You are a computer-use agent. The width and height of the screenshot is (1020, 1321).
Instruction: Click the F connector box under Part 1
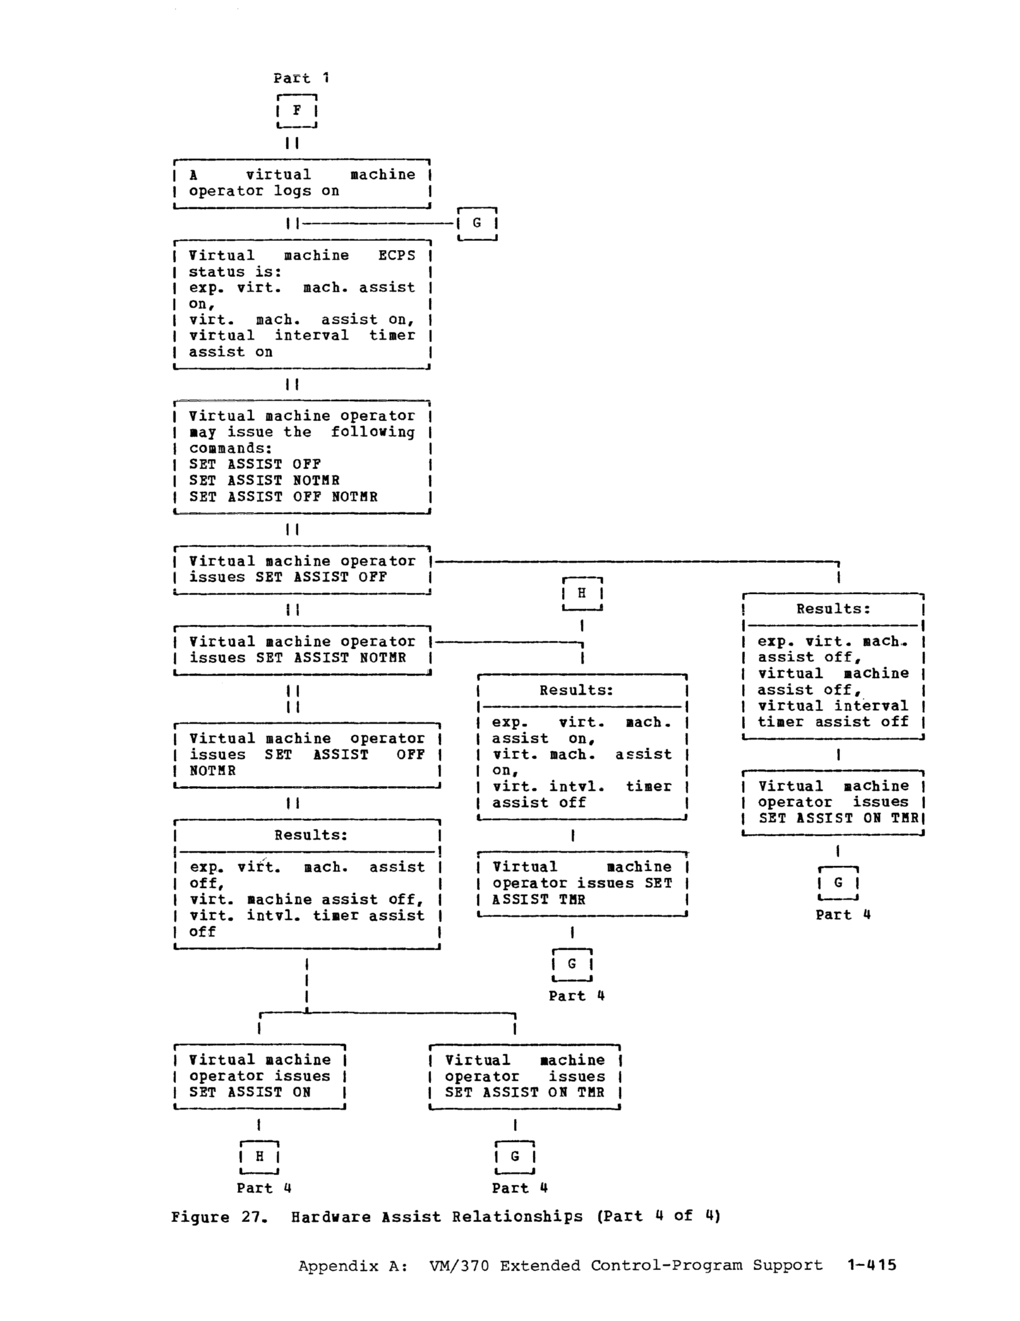click(x=297, y=110)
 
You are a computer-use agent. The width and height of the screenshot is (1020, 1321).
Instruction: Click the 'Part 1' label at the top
click(x=301, y=78)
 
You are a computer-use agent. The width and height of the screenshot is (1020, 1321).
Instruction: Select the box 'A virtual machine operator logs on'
click(x=302, y=183)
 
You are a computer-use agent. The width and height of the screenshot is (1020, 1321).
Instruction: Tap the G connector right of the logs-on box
click(x=477, y=223)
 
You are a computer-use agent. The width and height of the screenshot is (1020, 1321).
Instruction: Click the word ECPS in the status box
click(x=397, y=255)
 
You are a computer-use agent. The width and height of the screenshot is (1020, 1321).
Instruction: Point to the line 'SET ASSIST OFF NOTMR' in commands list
click(x=283, y=497)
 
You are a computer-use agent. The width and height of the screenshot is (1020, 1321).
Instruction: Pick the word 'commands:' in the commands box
click(x=230, y=448)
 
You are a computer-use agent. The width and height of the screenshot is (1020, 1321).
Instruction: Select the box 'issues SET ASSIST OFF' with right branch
click(x=302, y=569)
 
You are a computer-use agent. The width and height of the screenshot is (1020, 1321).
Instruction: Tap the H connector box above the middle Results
click(x=581, y=593)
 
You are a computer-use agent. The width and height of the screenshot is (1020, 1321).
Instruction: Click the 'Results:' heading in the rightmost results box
click(x=833, y=609)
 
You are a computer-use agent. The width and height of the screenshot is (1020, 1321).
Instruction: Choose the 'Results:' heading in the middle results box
click(x=576, y=690)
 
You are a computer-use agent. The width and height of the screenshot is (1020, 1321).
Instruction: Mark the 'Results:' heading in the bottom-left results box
click(x=311, y=835)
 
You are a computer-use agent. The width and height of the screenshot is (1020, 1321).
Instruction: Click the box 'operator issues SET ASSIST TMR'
click(x=581, y=884)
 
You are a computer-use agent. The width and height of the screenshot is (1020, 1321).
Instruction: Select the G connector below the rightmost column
click(x=838, y=883)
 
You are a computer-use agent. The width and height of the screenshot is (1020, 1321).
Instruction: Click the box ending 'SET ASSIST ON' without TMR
click(x=259, y=1076)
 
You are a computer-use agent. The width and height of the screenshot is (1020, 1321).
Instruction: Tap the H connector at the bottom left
click(x=260, y=1156)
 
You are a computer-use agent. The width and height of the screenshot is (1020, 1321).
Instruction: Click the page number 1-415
click(x=871, y=1266)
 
